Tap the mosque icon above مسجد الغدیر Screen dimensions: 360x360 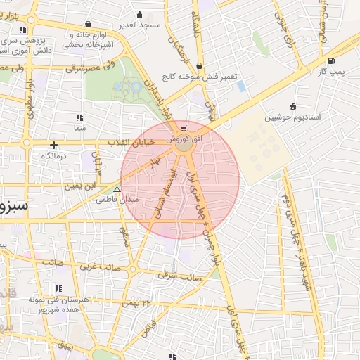(140, 14)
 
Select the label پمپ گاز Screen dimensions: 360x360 (331, 72)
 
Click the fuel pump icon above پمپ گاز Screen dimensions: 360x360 (331, 61)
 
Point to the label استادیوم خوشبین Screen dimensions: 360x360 (292, 117)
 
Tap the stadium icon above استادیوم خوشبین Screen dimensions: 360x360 (292, 107)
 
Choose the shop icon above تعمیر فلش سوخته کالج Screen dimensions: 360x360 (200, 66)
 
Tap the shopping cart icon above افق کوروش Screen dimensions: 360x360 (184, 129)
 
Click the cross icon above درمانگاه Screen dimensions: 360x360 (53, 145)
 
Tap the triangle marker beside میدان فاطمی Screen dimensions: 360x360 (117, 189)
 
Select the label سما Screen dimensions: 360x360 (79, 128)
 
